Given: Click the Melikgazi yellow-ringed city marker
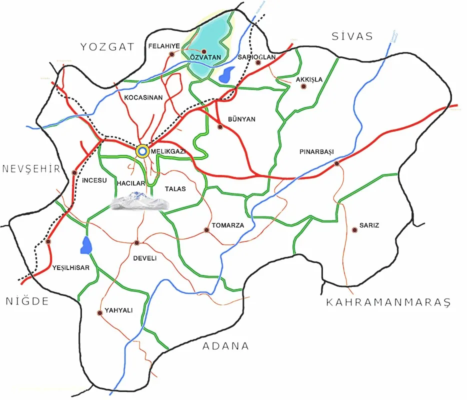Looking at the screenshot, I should [x=142, y=150].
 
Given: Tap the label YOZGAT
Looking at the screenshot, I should [x=108, y=47].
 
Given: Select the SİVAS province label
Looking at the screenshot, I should [x=352, y=36].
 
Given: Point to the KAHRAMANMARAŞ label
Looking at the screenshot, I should [x=388, y=302].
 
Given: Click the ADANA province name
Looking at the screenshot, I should [x=225, y=346].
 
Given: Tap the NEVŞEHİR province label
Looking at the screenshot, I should [x=31, y=168].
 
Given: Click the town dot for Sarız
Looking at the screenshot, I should [x=354, y=230].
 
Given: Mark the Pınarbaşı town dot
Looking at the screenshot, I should [x=337, y=163].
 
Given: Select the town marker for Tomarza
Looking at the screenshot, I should [x=206, y=230].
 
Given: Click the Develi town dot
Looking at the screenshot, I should [x=136, y=243].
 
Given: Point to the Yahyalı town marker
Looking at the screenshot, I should [x=100, y=313].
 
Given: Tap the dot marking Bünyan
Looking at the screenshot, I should [x=220, y=127].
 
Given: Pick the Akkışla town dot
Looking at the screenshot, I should [x=303, y=87].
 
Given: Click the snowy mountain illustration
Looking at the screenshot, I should [x=139, y=201].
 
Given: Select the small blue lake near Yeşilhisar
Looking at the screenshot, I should [x=86, y=245].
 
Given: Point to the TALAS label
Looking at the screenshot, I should [x=175, y=188].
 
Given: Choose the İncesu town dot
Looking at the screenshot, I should [x=74, y=173].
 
